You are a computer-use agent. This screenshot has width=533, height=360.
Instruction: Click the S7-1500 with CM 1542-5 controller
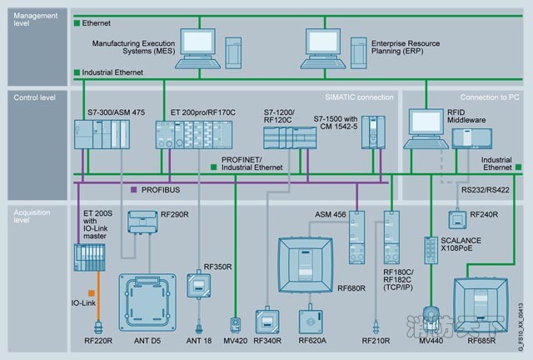click(371, 132)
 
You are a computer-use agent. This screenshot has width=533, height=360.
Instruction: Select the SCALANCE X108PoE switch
click(431, 251)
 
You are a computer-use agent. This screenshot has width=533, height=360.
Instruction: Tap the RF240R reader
click(456, 219)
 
